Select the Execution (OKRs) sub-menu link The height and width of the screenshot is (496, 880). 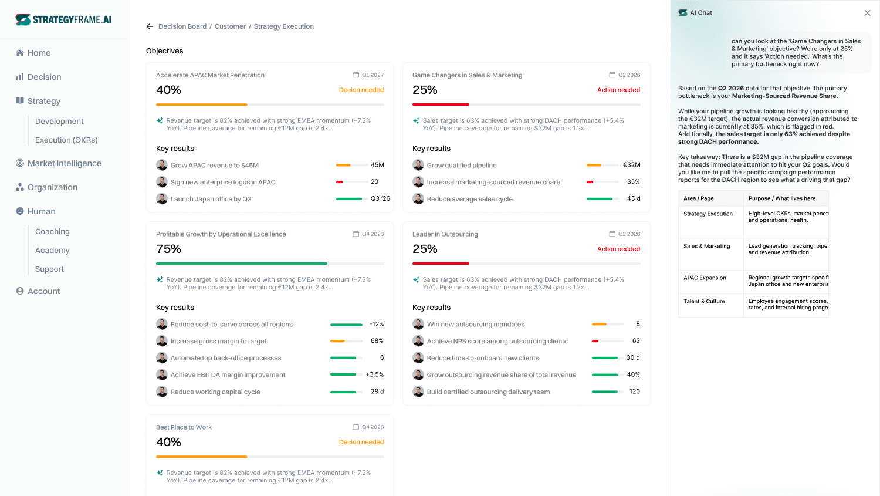click(x=66, y=140)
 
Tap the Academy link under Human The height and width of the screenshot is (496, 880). click(x=52, y=251)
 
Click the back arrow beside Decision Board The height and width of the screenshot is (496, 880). click(x=150, y=26)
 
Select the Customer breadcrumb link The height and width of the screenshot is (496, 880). click(x=230, y=26)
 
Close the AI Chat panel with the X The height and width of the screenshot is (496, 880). click(x=868, y=13)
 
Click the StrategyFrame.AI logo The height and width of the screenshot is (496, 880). click(x=63, y=19)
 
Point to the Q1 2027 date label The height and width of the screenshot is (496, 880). click(x=373, y=75)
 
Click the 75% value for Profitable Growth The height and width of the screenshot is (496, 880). click(x=168, y=249)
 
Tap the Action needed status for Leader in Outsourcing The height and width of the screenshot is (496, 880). click(x=618, y=249)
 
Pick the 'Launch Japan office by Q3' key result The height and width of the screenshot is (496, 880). click(x=211, y=199)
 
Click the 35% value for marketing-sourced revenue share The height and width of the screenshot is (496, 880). click(x=633, y=181)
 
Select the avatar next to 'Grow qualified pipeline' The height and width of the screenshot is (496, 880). click(x=418, y=165)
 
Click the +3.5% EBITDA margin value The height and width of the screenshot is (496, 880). click(x=374, y=374)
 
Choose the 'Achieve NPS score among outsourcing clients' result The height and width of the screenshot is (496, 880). click(x=497, y=341)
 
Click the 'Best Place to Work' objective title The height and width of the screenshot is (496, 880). click(x=184, y=427)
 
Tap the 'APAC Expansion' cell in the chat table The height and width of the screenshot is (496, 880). click(x=705, y=278)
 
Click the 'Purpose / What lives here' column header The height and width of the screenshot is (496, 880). click(x=782, y=198)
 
